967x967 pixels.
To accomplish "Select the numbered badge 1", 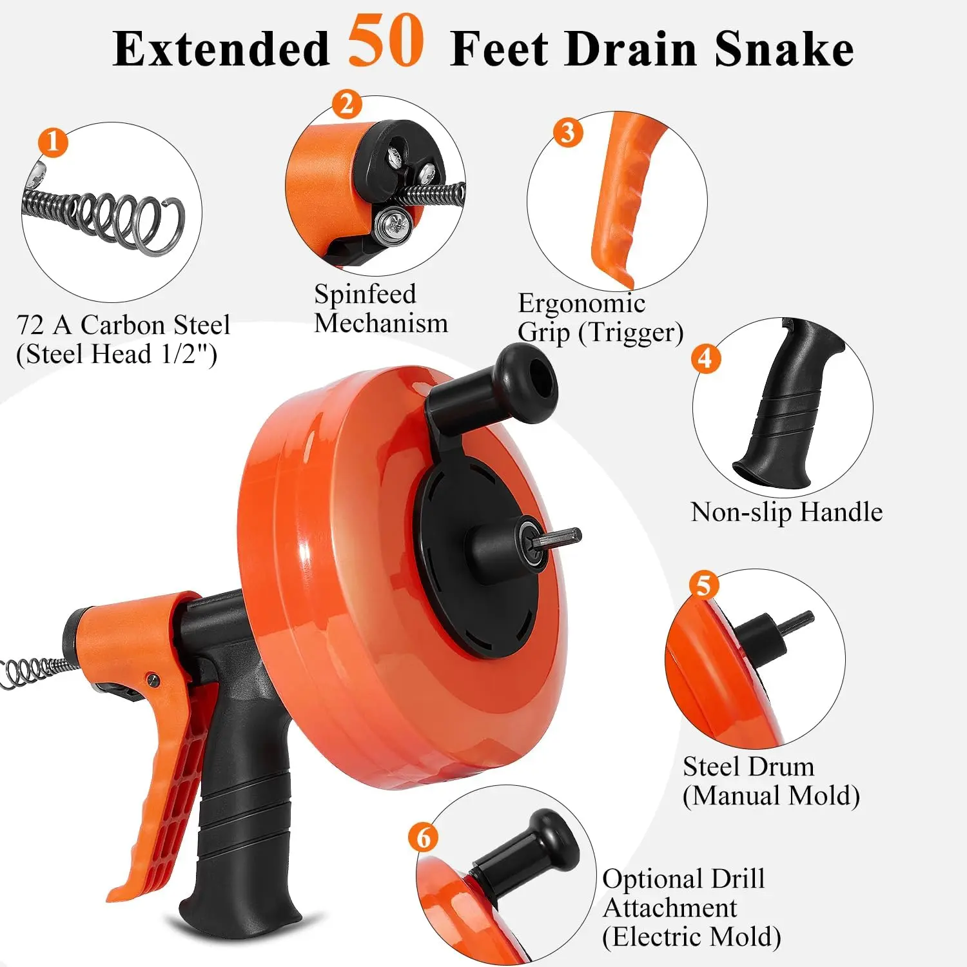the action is (53, 142).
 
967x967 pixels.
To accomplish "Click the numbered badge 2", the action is (347, 104).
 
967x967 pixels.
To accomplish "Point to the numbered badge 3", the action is (568, 132).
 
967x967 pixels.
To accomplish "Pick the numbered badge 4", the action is (706, 358).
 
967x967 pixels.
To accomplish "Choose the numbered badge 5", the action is (703, 585).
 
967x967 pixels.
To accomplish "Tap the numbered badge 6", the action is (424, 837).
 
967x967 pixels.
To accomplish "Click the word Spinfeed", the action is (365, 295).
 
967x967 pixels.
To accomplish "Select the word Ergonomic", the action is (581, 304).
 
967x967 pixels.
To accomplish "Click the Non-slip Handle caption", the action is (786, 513).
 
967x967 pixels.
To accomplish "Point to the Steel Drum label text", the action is (748, 767).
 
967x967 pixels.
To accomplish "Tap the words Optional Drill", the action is (683, 879).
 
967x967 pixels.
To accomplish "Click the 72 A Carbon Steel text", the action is (123, 325).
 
